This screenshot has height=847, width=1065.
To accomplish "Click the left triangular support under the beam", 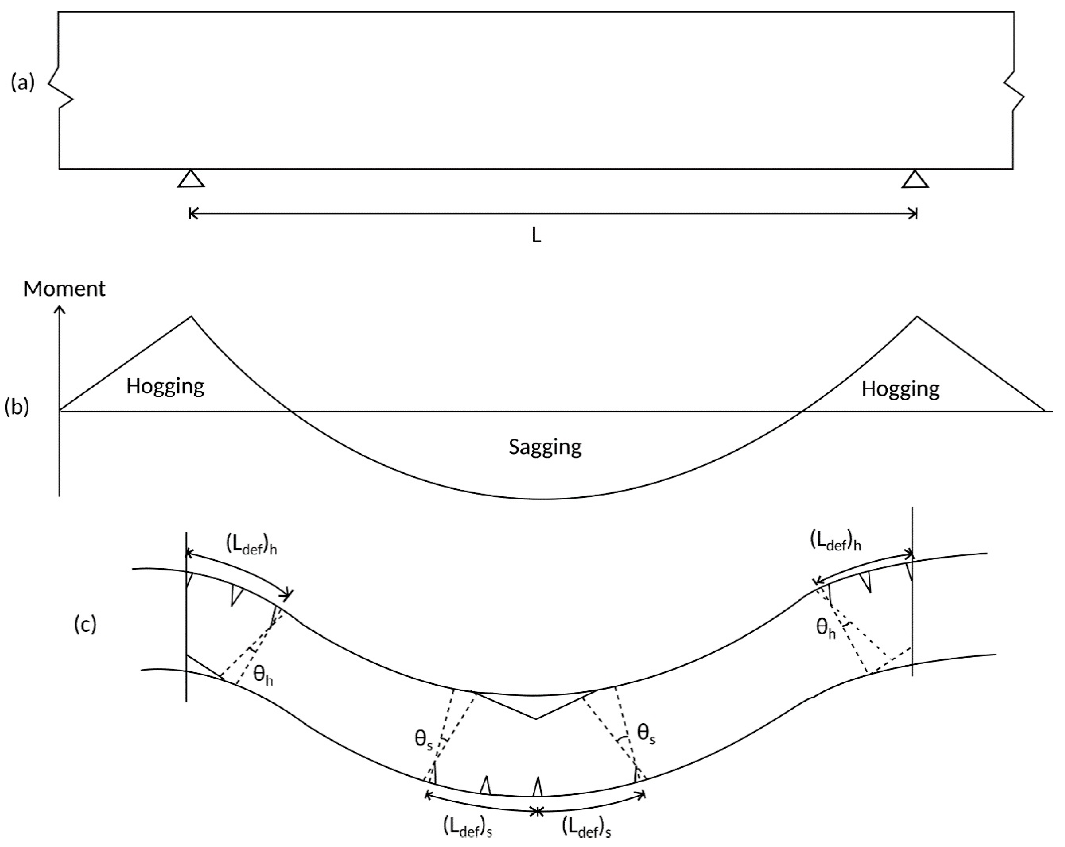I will [191, 179].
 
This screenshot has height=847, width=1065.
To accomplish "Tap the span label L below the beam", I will [536, 237].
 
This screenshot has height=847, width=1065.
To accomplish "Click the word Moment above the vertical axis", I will [64, 289].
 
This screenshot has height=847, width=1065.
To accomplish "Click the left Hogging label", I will [165, 387].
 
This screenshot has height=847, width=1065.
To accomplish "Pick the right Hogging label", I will [900, 389].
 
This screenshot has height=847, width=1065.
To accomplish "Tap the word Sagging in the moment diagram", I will [545, 447].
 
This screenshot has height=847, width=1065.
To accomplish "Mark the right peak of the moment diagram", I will [917, 317].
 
